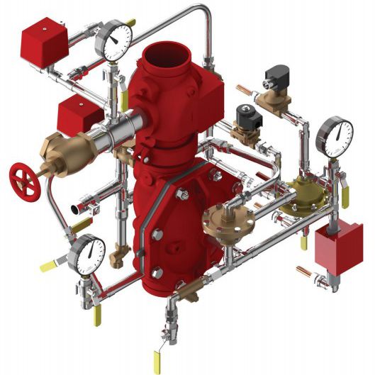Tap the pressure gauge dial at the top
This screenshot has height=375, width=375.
click(x=115, y=42)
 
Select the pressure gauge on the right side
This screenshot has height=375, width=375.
click(x=335, y=136)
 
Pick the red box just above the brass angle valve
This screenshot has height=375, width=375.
click(x=79, y=115)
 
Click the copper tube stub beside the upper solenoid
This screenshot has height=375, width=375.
click(x=246, y=89)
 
